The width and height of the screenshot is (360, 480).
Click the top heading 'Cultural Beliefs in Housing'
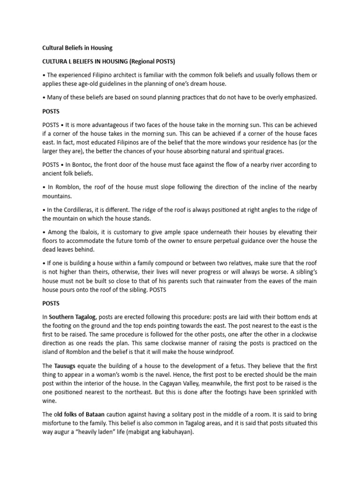77,48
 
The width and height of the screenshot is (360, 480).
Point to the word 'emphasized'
299,97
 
